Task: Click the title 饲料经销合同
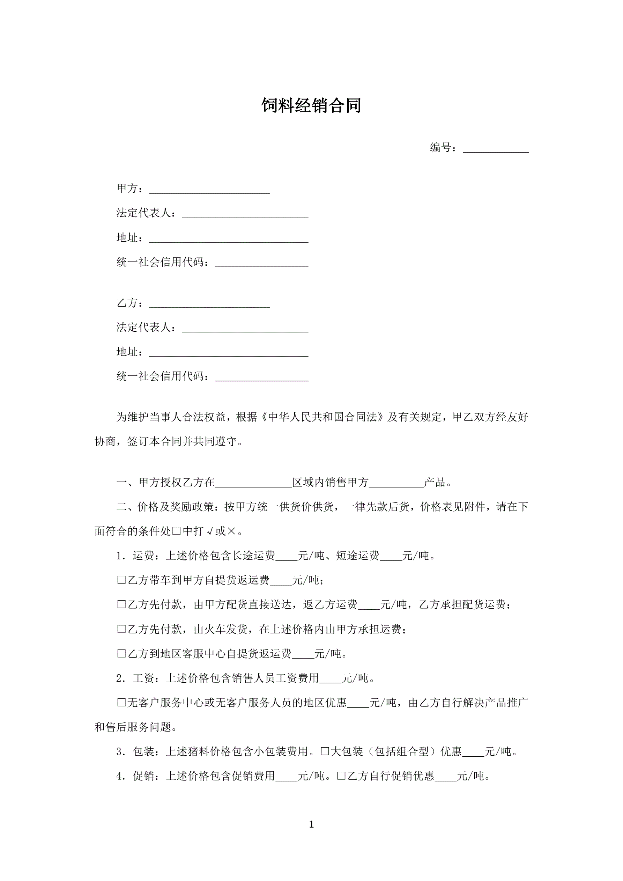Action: pyautogui.click(x=311, y=105)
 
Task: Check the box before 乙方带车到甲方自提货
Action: pyautogui.click(x=121, y=580)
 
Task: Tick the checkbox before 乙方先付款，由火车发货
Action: pyautogui.click(x=121, y=629)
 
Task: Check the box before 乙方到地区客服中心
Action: pyautogui.click(x=121, y=653)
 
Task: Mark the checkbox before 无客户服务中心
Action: pyautogui.click(x=121, y=703)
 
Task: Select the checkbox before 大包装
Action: pyautogui.click(x=325, y=751)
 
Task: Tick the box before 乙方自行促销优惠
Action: pyautogui.click(x=341, y=776)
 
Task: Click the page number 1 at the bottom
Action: pyautogui.click(x=311, y=824)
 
